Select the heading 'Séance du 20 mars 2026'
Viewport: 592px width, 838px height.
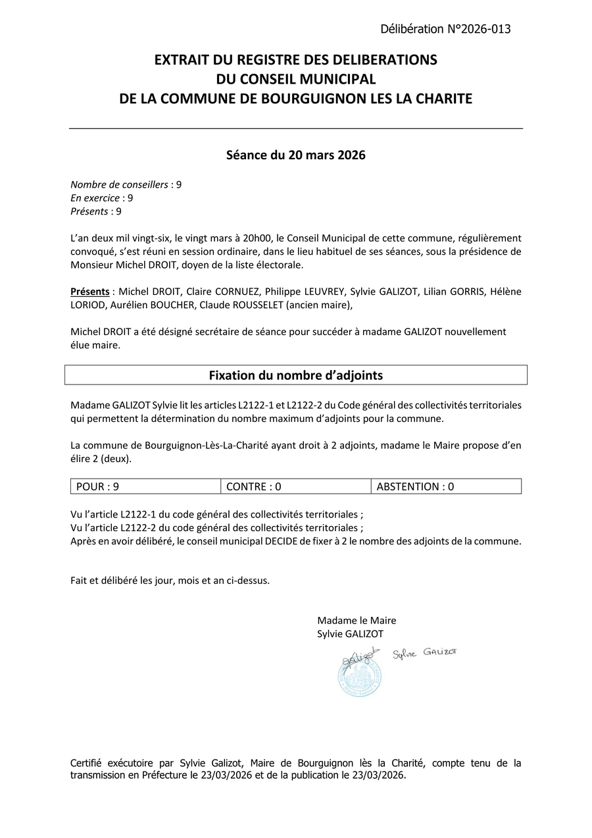click(295, 155)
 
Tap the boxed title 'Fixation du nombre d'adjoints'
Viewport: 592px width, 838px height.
click(295, 375)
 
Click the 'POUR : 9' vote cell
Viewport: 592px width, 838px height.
click(145, 486)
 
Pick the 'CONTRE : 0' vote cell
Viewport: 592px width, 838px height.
click(295, 486)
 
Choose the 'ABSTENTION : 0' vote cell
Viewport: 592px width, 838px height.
click(446, 486)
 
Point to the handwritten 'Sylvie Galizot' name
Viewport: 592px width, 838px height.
click(424, 652)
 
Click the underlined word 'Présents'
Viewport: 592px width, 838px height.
click(90, 291)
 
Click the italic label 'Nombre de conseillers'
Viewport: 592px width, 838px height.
click(119, 184)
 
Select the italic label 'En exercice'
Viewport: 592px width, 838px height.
click(95, 198)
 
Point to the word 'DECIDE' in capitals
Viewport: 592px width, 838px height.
click(282, 541)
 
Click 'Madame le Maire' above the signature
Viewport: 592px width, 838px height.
click(357, 620)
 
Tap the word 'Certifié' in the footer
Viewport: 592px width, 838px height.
click(89, 763)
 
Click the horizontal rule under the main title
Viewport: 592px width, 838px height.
click(295, 128)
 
